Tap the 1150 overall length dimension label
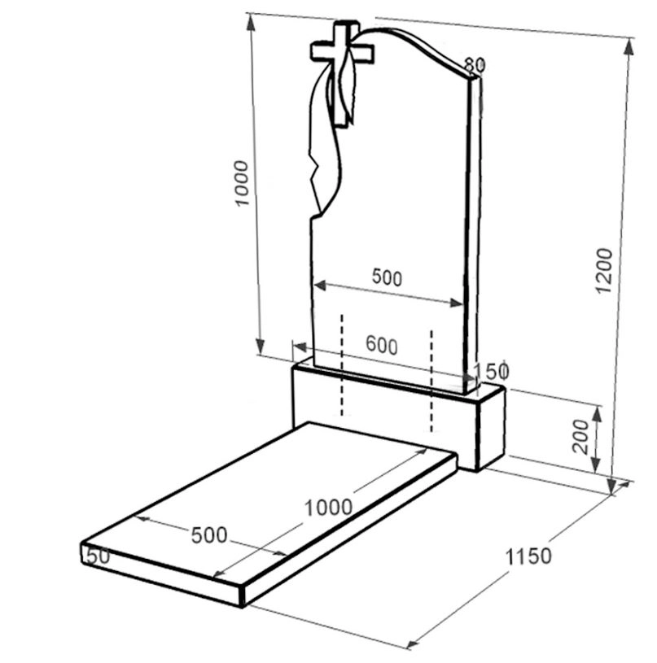528,556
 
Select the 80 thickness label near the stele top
475,65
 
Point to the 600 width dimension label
382,345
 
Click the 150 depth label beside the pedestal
491,371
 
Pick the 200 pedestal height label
580,436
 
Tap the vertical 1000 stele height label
242,183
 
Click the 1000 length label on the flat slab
328,507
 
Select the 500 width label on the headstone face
387,277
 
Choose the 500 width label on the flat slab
209,535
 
